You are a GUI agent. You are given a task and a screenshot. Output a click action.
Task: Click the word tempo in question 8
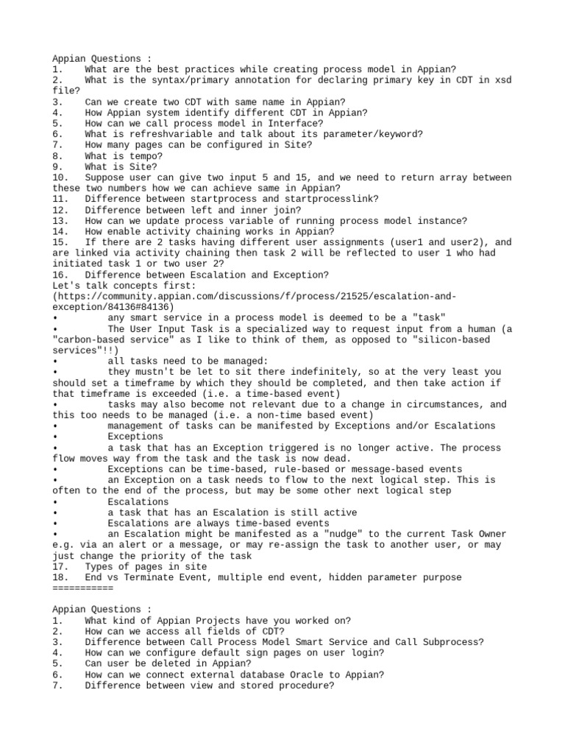point(135,156)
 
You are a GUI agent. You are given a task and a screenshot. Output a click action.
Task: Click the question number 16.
point(60,275)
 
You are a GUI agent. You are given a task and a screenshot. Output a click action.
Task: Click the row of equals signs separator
point(83,588)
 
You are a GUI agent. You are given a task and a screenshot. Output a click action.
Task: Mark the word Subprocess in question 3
point(452,642)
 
